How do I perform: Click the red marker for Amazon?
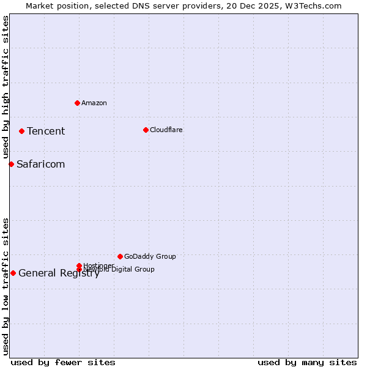77,103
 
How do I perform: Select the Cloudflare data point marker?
146,130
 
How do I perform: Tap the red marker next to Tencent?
21,131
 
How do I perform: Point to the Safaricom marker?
11,164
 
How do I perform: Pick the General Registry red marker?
13,273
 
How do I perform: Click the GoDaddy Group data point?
120,256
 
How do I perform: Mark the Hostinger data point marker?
79,265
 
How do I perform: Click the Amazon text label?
94,103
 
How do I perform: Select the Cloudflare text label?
166,130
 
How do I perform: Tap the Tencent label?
46,131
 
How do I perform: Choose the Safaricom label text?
40,164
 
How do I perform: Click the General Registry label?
59,273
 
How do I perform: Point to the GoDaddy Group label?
150,256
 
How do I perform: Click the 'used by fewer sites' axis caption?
63,362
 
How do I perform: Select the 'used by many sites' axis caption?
307,362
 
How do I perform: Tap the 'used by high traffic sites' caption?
6,87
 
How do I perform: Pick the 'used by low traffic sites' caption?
6,286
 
